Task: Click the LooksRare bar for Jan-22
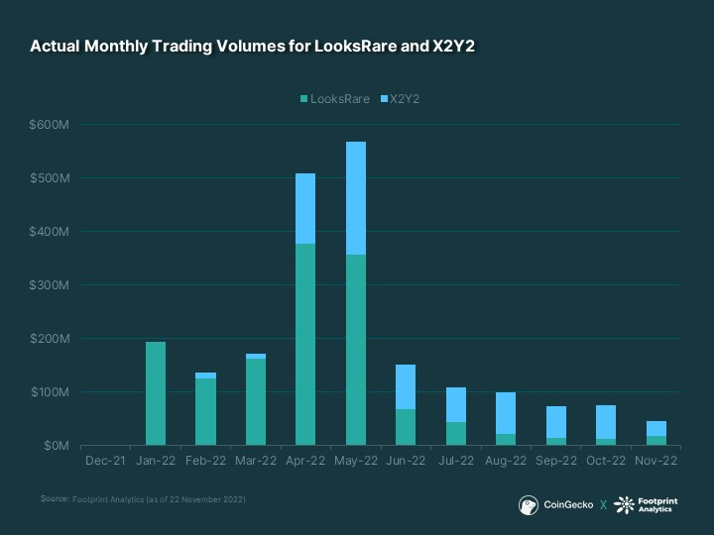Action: click(156, 393)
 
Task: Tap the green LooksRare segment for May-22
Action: click(355, 350)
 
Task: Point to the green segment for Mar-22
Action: click(255, 401)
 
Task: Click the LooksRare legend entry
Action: click(334, 99)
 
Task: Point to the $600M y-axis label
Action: click(48, 125)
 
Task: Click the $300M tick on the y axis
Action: click(48, 285)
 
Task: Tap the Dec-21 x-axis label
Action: click(105, 461)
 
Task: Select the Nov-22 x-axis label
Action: click(655, 461)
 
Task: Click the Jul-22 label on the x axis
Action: click(455, 461)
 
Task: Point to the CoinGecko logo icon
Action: click(530, 504)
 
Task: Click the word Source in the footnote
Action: click(55, 498)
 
